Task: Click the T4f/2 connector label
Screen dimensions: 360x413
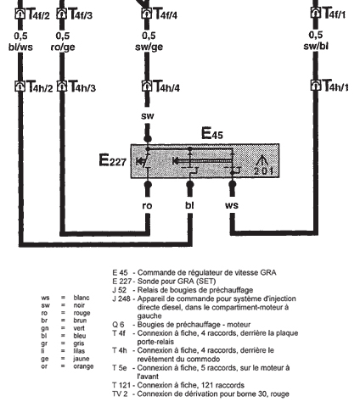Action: [x=38, y=14]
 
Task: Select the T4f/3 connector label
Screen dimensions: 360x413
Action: [x=81, y=14]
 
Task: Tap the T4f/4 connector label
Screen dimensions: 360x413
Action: [x=166, y=14]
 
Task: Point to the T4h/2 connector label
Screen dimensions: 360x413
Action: [x=40, y=87]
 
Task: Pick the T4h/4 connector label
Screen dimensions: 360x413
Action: [x=167, y=87]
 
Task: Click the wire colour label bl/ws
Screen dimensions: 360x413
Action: [x=20, y=47]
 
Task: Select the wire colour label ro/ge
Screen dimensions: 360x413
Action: [x=63, y=47]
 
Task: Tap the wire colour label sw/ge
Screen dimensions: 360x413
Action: [x=149, y=47]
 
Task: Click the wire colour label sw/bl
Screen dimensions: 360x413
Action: [x=316, y=46]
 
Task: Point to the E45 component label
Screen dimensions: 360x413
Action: [x=212, y=133]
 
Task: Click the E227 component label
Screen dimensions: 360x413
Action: [x=112, y=160]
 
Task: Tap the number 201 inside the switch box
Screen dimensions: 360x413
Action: [x=263, y=171]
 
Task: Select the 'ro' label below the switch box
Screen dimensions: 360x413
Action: [x=147, y=205]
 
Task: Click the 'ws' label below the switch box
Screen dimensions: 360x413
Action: [x=232, y=205]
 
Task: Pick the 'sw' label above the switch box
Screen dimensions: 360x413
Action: [x=148, y=116]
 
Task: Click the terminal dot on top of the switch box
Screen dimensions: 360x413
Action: [x=148, y=139]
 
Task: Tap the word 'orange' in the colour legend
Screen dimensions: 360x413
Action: [x=83, y=366]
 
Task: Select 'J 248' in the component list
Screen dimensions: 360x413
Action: [x=121, y=299]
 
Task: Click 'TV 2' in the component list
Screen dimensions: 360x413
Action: [x=120, y=393]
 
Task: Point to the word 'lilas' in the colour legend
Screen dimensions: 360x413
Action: [x=79, y=351]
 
